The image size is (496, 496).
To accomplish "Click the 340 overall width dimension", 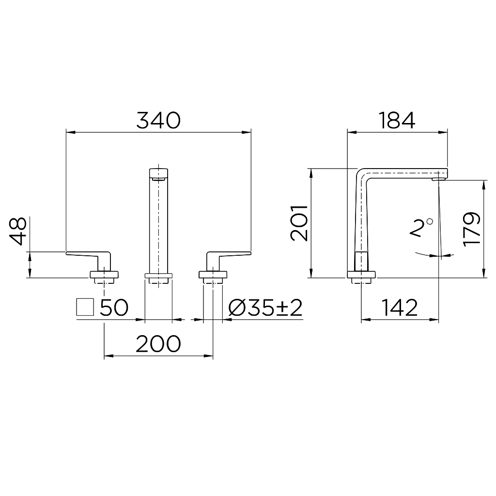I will [158, 120].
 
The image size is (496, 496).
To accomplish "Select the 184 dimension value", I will [397, 120].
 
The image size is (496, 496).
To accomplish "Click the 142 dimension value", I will [400, 308].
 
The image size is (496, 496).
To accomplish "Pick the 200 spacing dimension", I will [158, 344].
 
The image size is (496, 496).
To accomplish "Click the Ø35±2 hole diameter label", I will [265, 308].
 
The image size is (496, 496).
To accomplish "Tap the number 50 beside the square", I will [114, 308].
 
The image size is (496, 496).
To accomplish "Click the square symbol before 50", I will [85, 308].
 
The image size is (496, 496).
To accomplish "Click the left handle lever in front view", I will [87, 254].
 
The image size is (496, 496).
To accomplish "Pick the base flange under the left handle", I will [104, 276].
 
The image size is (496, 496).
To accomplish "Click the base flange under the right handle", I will [213, 276].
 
